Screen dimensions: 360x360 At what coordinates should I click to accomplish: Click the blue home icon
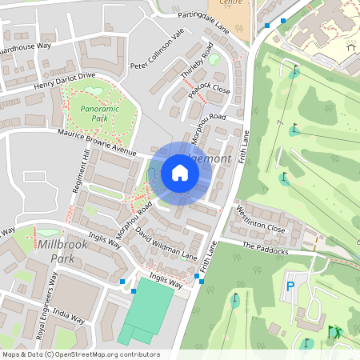(x=180, y=173)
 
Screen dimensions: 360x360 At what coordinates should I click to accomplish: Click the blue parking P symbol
(x=290, y=285)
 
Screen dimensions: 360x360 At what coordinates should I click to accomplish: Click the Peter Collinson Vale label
(x=158, y=50)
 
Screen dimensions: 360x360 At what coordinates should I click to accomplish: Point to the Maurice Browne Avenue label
(x=93, y=140)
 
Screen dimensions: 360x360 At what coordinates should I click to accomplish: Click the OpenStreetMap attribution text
(x=80, y=354)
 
